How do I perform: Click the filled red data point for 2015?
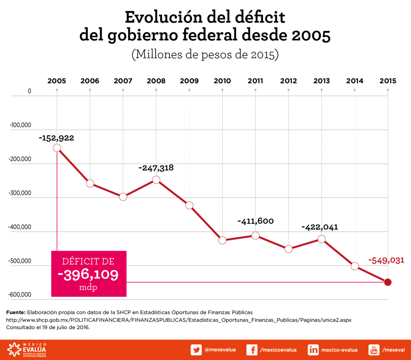388,282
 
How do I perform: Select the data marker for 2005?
57,148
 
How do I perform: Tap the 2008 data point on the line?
156,180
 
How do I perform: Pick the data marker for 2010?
222,240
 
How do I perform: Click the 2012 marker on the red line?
289,249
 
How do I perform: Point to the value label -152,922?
57,138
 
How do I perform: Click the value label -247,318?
156,168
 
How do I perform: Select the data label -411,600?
256,221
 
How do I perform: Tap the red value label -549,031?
386,261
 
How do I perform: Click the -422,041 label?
320,227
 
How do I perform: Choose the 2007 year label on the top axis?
123,81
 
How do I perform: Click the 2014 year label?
355,81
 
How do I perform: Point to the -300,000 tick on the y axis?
20,193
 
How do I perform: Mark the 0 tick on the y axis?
29,91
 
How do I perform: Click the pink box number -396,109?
88,275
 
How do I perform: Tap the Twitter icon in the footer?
196,350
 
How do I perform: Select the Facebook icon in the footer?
252,350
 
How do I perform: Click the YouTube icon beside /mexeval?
374,350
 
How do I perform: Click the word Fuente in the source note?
16,312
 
